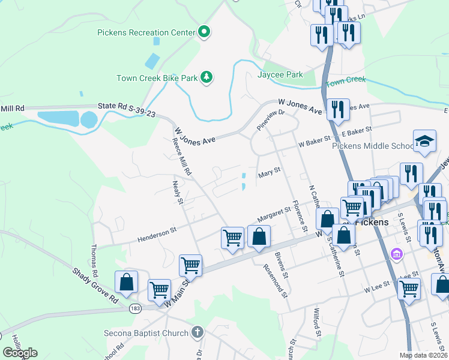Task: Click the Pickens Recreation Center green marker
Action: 204,32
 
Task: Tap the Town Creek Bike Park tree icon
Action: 206,77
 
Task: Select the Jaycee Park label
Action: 280,74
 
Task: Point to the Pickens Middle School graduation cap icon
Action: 424,142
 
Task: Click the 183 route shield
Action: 136,308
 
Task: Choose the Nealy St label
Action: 177,193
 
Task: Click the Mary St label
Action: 269,173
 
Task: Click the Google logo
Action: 19,353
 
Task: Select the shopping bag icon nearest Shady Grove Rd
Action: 127,281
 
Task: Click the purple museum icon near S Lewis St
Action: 396,254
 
